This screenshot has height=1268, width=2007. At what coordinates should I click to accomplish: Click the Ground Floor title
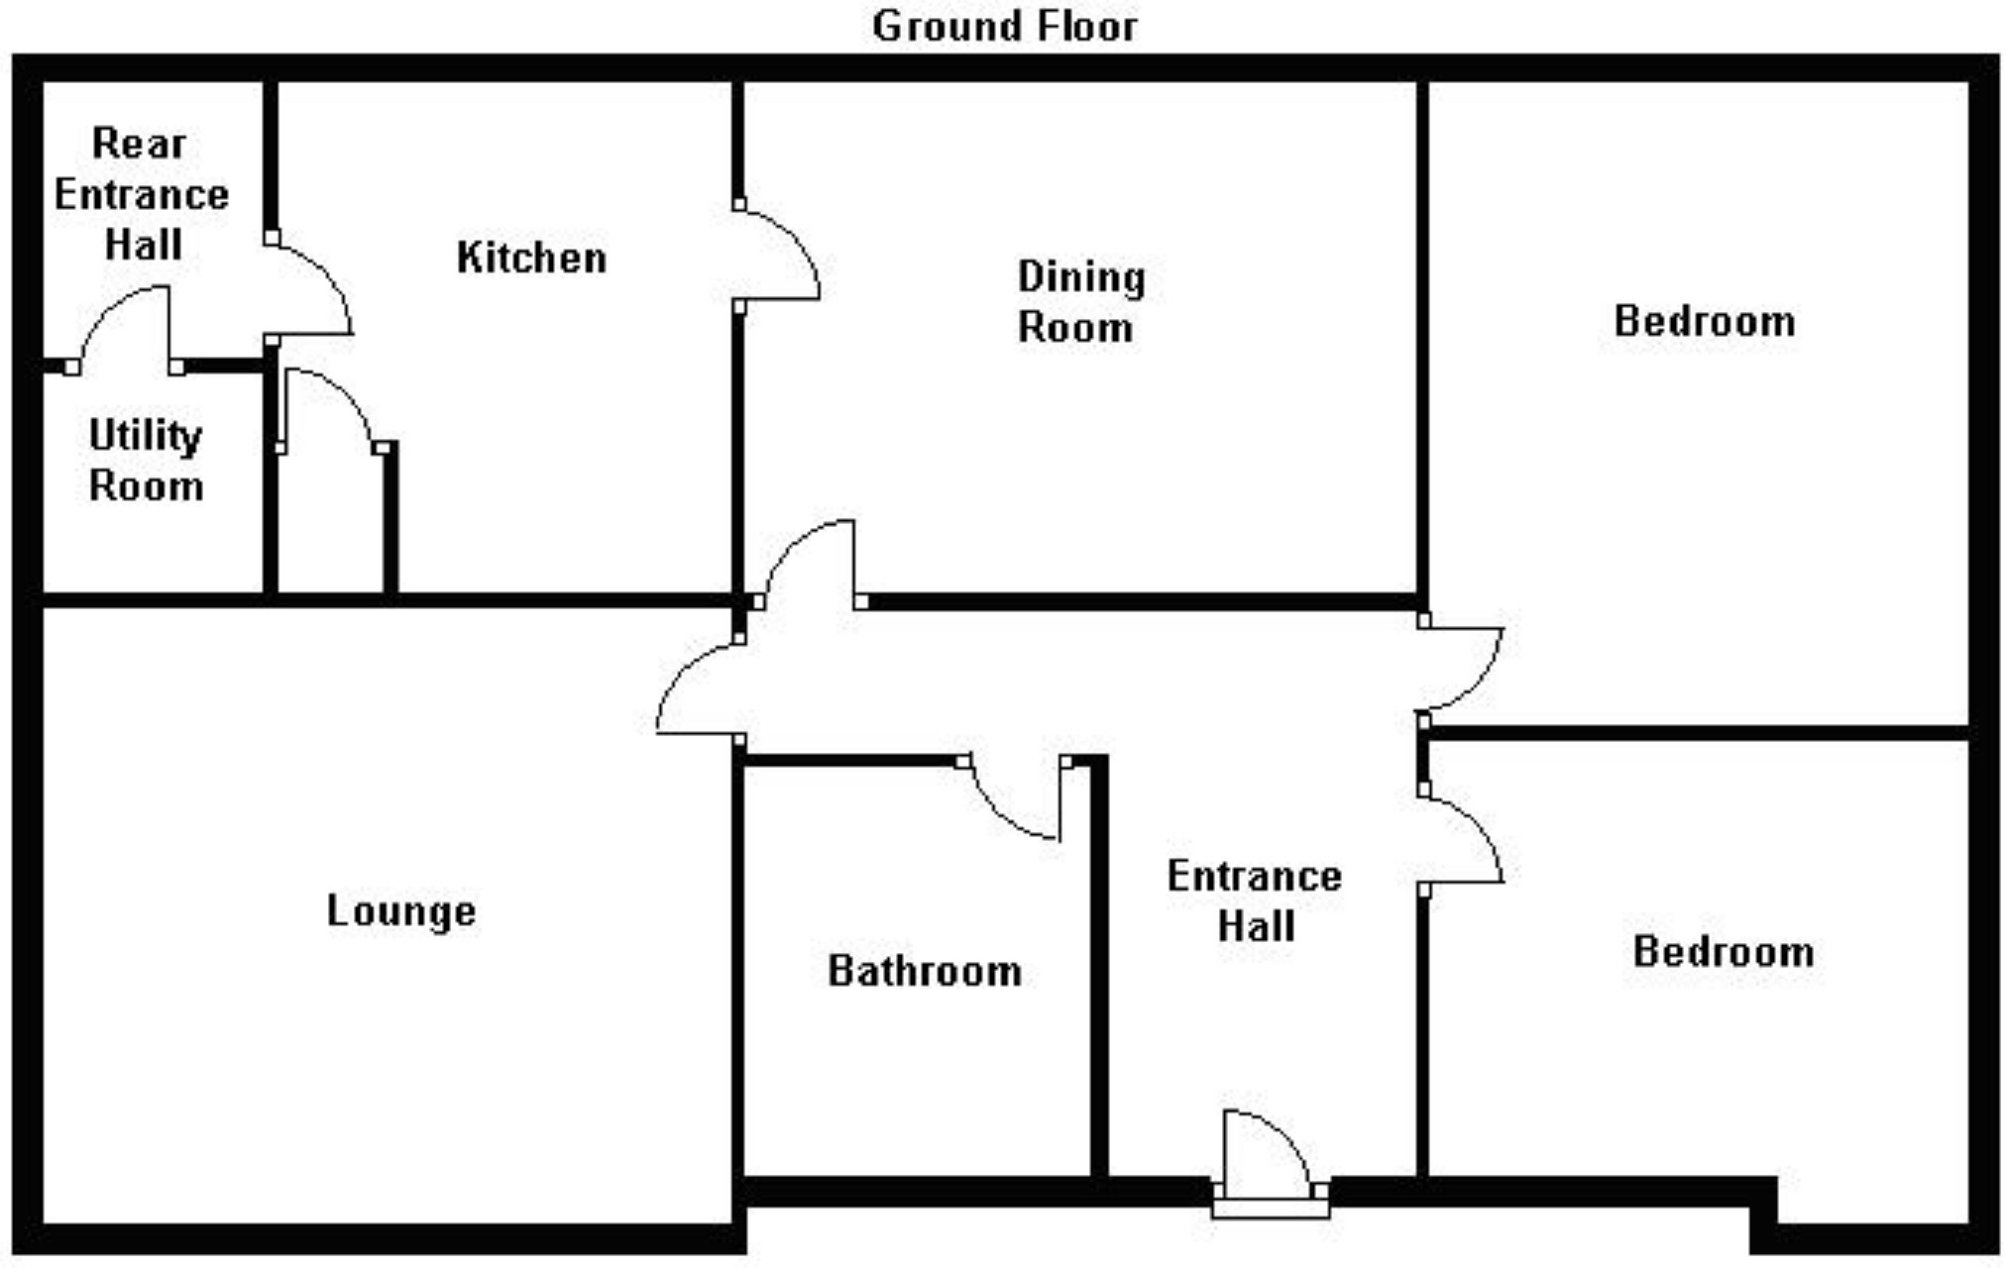(1004, 27)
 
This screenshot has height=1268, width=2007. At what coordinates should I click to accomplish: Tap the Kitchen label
(531, 259)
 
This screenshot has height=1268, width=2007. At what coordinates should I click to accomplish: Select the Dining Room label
(1079, 302)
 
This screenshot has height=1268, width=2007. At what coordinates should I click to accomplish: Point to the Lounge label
(401, 911)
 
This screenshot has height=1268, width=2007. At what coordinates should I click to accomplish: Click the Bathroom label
(925, 971)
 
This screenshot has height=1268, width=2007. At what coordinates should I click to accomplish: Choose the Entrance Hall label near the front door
(1255, 901)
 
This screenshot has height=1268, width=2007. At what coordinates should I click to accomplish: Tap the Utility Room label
(146, 461)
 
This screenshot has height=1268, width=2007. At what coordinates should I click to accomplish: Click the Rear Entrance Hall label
(141, 194)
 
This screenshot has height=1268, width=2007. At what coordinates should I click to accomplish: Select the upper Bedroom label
(1705, 321)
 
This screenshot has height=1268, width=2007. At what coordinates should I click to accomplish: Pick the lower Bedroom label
(1724, 951)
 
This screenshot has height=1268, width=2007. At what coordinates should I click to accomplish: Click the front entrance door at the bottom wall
(1269, 1159)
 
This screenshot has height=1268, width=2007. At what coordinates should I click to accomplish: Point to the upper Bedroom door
(1462, 669)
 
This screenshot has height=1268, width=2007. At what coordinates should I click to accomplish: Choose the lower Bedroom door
(1462, 837)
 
